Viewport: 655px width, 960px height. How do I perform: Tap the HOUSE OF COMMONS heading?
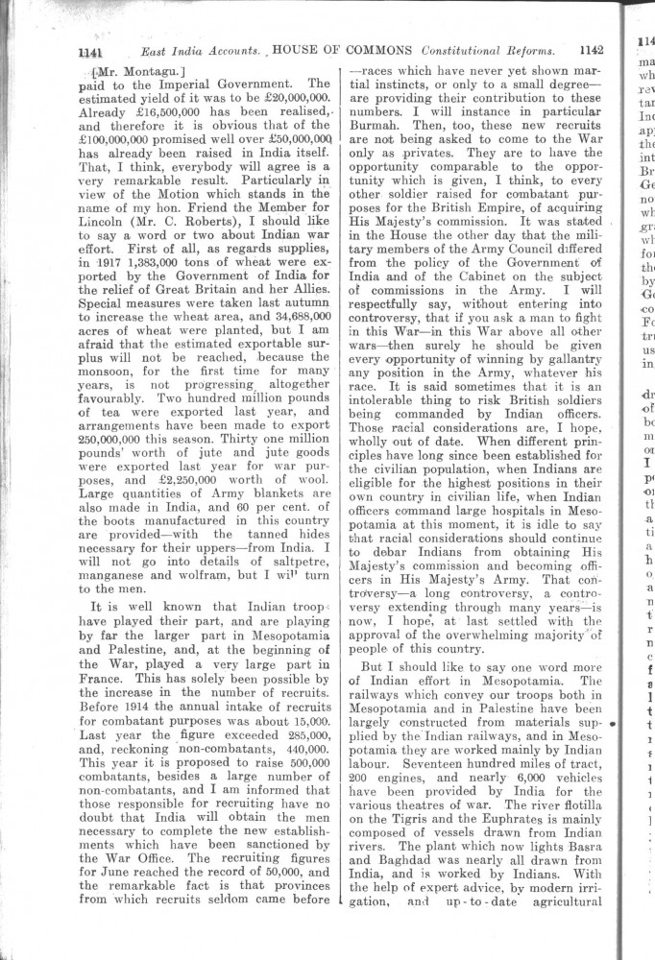[343, 50]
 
